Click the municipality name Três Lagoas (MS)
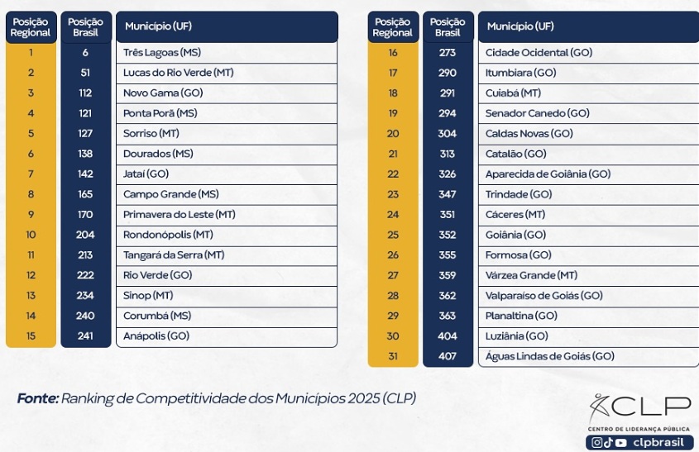[162, 53]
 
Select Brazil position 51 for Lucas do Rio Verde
[85, 73]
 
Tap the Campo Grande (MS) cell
[170, 194]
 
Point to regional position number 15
[31, 335]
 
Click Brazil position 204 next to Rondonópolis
[85, 235]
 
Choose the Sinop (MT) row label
[148, 295]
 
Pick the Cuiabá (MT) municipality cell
[513, 93]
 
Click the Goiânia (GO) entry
[515, 235]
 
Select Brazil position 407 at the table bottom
[448, 356]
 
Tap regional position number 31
[393, 356]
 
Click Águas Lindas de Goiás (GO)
[549, 356]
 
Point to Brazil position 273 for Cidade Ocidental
[448, 53]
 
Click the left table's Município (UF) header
[158, 26]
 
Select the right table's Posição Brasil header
[448, 27]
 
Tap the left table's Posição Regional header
[31, 27]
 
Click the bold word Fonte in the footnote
[37, 398]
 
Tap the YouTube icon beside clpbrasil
[621, 443]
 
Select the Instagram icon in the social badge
[597, 443]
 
